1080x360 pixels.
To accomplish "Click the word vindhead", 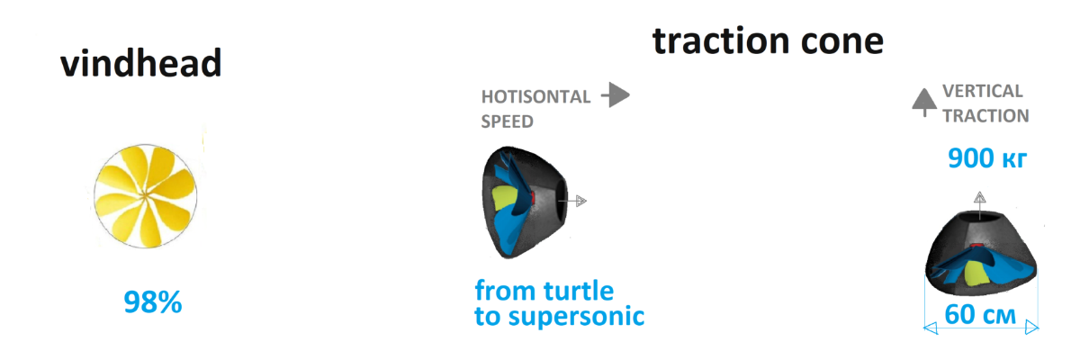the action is point(140,63).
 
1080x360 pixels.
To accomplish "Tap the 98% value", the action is point(153,301).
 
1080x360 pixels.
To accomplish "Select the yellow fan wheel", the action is point(145,196).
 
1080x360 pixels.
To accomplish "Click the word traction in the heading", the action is point(721,41).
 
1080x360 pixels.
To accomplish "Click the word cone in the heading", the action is point(841,42).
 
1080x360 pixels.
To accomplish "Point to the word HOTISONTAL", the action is point(535,97).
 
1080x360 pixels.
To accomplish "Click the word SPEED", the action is point(508,121).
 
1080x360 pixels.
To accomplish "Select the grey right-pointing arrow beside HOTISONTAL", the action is point(616,94).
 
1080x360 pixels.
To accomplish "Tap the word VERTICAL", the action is point(983,91).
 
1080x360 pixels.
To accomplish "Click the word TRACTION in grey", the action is point(986,116).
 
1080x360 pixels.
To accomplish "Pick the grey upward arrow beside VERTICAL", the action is point(924,103).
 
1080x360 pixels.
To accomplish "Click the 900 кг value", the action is point(987,158).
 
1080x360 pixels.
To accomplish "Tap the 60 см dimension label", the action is point(980,314).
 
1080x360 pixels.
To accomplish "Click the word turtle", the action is point(579,291).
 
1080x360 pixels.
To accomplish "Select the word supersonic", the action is point(576,317).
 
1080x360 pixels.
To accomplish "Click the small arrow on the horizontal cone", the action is point(572,201).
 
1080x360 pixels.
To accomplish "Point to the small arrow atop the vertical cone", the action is point(980,206).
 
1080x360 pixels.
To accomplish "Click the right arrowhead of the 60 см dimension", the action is point(1032,328).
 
